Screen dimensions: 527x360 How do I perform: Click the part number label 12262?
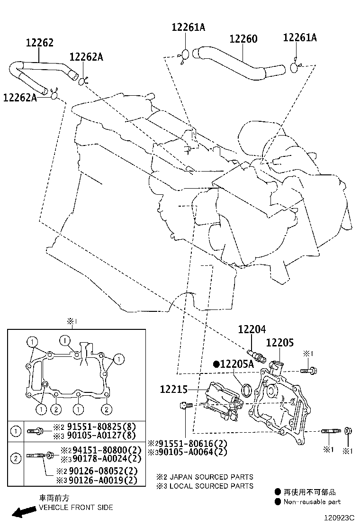pyautogui.click(x=39, y=43)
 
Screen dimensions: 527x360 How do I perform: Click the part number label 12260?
pyautogui.click(x=243, y=38)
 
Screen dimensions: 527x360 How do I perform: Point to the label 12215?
pyautogui.click(x=174, y=390)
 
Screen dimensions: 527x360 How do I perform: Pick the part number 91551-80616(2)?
pyautogui.click(x=192, y=444)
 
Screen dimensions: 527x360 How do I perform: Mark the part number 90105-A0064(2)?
pyautogui.click(x=192, y=452)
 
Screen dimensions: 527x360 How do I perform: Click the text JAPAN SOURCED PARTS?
pyautogui.click(x=211, y=477)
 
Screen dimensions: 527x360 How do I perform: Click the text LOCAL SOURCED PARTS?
pyautogui.click(x=211, y=486)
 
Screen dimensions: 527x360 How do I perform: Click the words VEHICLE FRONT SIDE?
pyautogui.click(x=76, y=507)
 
